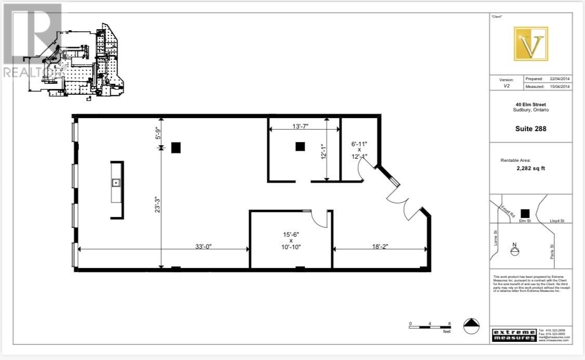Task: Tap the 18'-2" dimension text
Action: click(x=380, y=247)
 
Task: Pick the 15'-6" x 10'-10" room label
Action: click(x=291, y=241)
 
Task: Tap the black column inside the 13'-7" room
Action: click(x=300, y=147)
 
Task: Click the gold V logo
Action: click(x=530, y=44)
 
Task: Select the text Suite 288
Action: click(x=530, y=129)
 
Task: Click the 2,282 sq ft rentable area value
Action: click(x=530, y=169)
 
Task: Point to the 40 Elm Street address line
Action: click(x=530, y=104)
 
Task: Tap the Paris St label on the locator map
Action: click(x=552, y=252)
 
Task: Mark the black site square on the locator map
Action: click(x=525, y=213)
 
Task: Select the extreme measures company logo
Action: click(x=514, y=335)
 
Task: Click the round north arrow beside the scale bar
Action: click(x=471, y=325)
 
